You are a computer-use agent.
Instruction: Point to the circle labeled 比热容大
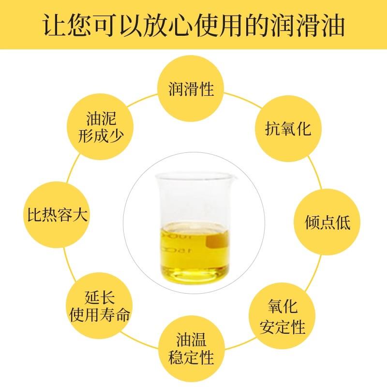click(56, 214)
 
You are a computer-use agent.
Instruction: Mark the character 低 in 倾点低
click(340, 223)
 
